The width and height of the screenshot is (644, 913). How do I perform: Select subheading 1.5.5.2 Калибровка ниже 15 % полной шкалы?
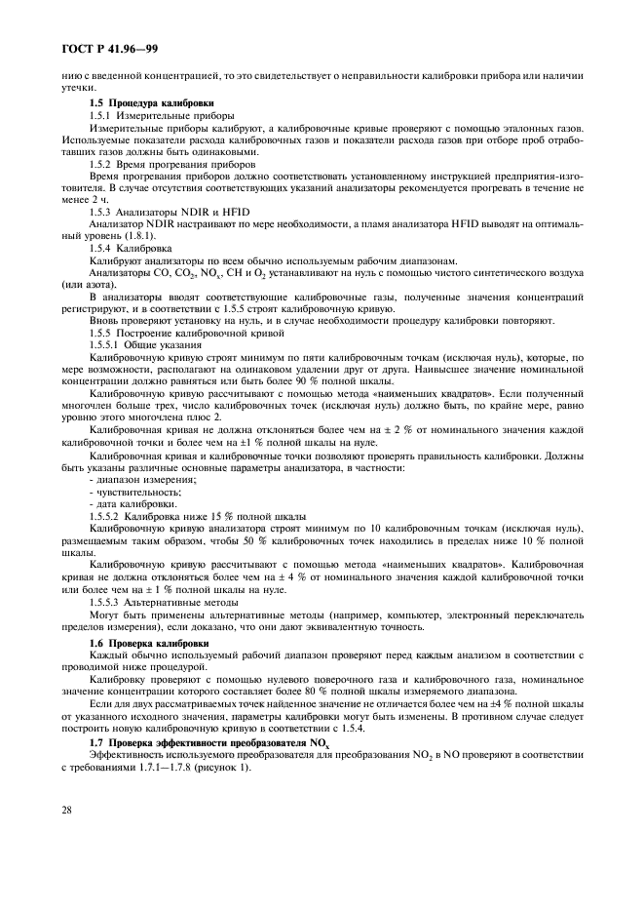pyautogui.click(x=198, y=516)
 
